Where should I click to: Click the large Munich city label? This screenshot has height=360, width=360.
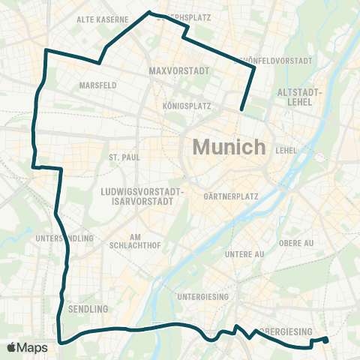tap(229, 146)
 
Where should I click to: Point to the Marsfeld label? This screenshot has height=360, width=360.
tap(97, 85)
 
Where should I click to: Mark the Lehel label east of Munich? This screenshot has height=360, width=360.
tap(286, 150)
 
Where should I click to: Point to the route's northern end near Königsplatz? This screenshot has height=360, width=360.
tap(241, 111)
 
